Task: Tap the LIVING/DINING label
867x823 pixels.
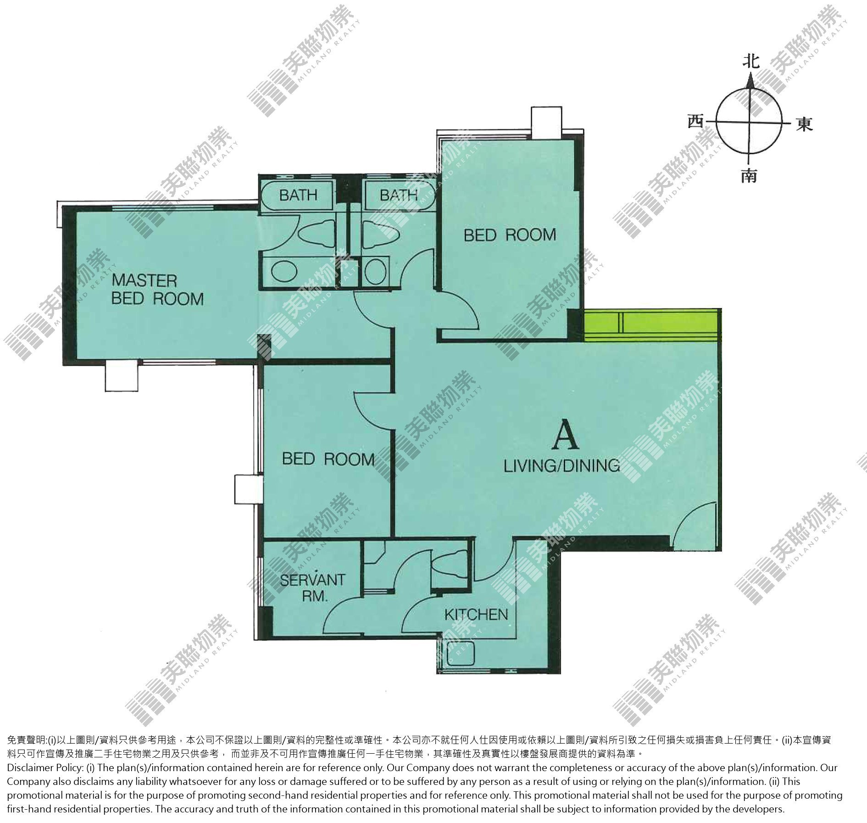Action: [x=562, y=466]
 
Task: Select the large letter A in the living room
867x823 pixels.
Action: [x=565, y=437]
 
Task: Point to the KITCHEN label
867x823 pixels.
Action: [x=476, y=614]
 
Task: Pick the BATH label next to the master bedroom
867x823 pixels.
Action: [x=298, y=195]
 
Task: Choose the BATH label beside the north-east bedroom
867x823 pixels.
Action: [x=398, y=195]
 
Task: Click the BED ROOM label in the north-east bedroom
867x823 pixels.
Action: [x=510, y=235]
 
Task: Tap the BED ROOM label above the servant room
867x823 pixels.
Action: [x=328, y=459]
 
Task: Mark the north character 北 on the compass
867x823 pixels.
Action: [x=750, y=61]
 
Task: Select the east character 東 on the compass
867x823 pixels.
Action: [x=805, y=124]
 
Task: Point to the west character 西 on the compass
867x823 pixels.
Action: [x=695, y=122]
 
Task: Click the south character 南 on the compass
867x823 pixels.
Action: [x=749, y=176]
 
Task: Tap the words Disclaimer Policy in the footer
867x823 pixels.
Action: [x=44, y=768]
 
